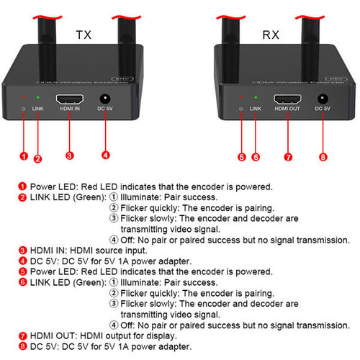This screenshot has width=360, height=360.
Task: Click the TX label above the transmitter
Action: [84, 35]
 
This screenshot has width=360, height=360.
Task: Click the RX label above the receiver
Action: [271, 35]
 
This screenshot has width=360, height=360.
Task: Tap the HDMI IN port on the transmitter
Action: [70, 99]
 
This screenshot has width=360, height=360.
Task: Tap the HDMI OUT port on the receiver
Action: [287, 99]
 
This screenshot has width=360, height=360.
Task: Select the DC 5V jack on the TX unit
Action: [105, 99]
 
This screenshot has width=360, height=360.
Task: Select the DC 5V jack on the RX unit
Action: [323, 99]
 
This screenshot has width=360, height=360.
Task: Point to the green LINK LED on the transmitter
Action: [37, 97]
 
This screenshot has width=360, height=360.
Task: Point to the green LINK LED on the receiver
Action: [256, 97]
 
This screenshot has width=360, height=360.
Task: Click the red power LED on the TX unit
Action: [23, 97]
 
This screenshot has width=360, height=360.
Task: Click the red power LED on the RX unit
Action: [241, 97]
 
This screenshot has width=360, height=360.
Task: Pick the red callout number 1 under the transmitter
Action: [24, 156]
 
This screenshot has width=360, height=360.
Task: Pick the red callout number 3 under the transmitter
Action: [70, 156]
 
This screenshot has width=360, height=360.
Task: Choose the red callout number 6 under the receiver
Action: [256, 157]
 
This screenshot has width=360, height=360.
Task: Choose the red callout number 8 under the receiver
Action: [323, 157]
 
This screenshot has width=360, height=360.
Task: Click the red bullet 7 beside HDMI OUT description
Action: [22, 336]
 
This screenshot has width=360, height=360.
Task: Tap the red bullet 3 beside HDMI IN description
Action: [22, 251]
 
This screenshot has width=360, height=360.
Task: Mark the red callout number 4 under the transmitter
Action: [106, 155]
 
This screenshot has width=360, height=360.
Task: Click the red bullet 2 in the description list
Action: [22, 197]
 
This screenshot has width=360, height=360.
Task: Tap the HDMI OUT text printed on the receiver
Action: [287, 109]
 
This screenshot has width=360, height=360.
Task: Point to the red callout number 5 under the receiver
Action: [242, 157]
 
